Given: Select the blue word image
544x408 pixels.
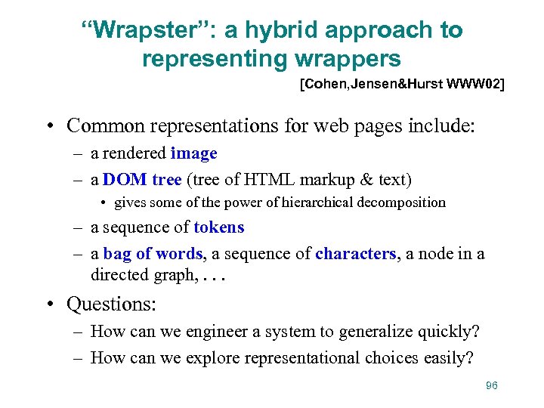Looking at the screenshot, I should (193, 153).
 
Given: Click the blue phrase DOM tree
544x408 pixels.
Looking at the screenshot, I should (142, 179).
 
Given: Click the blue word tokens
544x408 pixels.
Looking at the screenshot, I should (219, 227).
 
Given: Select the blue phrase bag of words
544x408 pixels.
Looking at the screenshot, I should (153, 254).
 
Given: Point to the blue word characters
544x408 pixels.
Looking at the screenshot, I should (356, 254).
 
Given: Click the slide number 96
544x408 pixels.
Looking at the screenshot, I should (492, 386).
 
